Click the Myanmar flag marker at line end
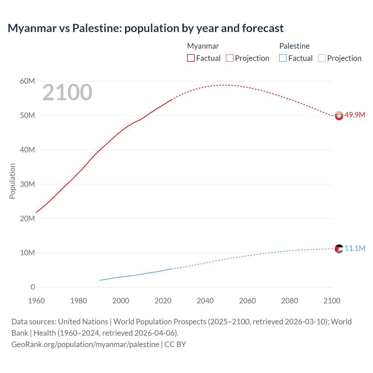339,116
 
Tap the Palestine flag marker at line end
339,249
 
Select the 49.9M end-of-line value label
355,115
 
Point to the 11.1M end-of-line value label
355,248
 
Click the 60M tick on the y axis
27,81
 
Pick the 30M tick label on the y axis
27,184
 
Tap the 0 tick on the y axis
33,287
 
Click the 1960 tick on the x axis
36,301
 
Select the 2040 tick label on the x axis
205,301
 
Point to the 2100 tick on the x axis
332,301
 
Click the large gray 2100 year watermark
67,92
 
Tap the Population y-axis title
12,181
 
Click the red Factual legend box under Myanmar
191,58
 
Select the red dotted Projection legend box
230,58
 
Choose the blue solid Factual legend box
283,58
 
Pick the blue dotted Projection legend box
322,58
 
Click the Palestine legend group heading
294,46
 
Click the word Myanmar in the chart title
32,28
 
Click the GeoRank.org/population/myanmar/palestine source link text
85,344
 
